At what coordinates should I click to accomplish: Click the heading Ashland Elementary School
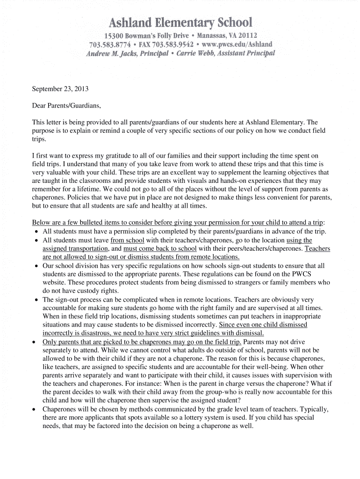pyautogui.click(x=180, y=22)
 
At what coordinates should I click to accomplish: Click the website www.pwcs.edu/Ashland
pyautogui.click(x=236, y=44)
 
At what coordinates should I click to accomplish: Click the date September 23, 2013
pyautogui.click(x=60, y=89)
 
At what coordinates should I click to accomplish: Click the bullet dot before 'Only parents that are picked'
pyautogui.click(x=36, y=342)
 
